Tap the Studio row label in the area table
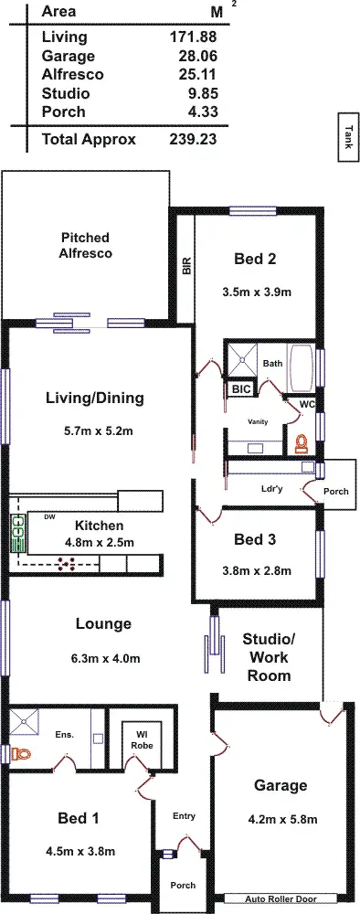pyautogui.click(x=65, y=93)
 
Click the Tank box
pyautogui.click(x=348, y=138)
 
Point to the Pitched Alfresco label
pyautogui.click(x=86, y=245)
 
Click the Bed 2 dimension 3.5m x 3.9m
pyautogui.click(x=256, y=292)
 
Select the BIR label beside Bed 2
pyautogui.click(x=186, y=266)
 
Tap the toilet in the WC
pyautogui.click(x=301, y=444)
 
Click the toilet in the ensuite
pyautogui.click(x=22, y=754)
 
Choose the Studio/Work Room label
pyautogui.click(x=269, y=656)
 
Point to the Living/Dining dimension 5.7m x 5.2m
pyautogui.click(x=95, y=430)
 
